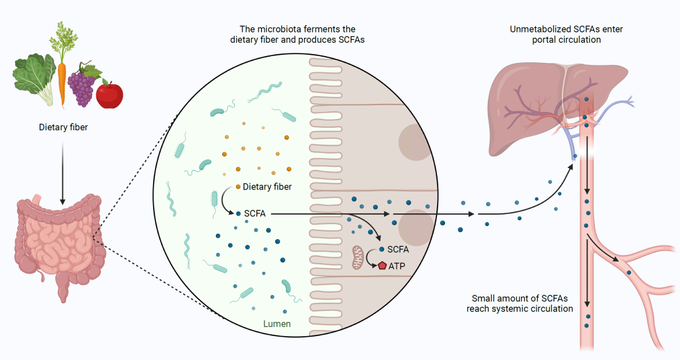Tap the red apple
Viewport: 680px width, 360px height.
pyautogui.click(x=110, y=94)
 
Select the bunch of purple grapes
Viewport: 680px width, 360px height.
pyautogui.click(x=84, y=87)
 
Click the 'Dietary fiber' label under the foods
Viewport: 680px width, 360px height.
pyautogui.click(x=62, y=128)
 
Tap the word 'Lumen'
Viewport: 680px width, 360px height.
pyautogui.click(x=277, y=324)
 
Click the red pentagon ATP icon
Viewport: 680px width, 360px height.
pyautogui.click(x=382, y=266)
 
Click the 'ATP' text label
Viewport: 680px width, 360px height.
pyautogui.click(x=397, y=266)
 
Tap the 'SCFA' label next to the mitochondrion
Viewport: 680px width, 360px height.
pyautogui.click(x=398, y=249)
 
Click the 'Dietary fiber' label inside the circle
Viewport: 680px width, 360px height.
pyautogui.click(x=267, y=187)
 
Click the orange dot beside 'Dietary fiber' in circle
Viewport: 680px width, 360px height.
pyautogui.click(x=238, y=187)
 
